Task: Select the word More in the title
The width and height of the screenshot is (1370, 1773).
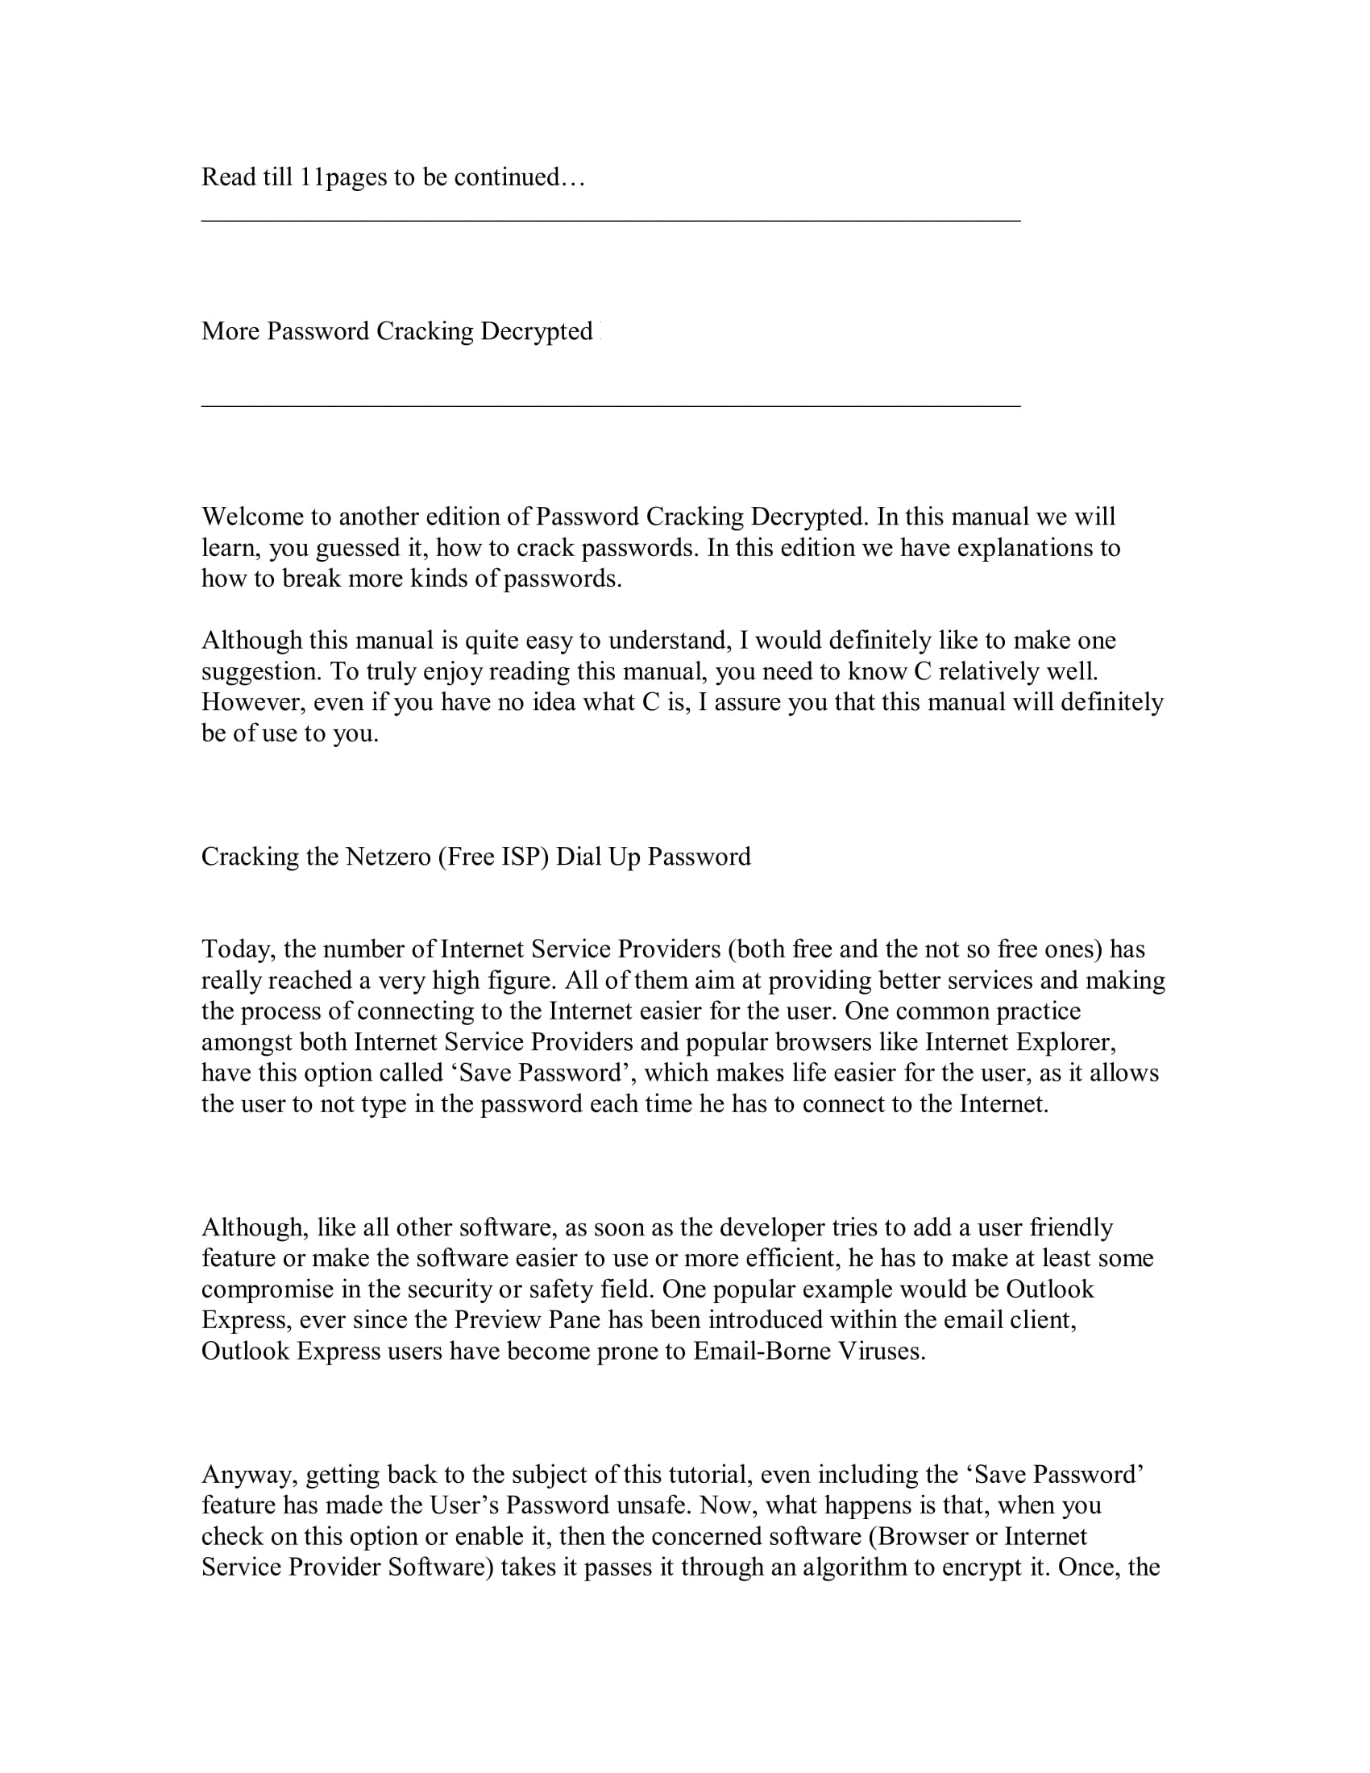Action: (x=230, y=331)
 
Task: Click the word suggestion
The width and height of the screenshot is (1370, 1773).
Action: (x=260, y=671)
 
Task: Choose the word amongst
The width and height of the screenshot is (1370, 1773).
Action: (x=247, y=1042)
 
